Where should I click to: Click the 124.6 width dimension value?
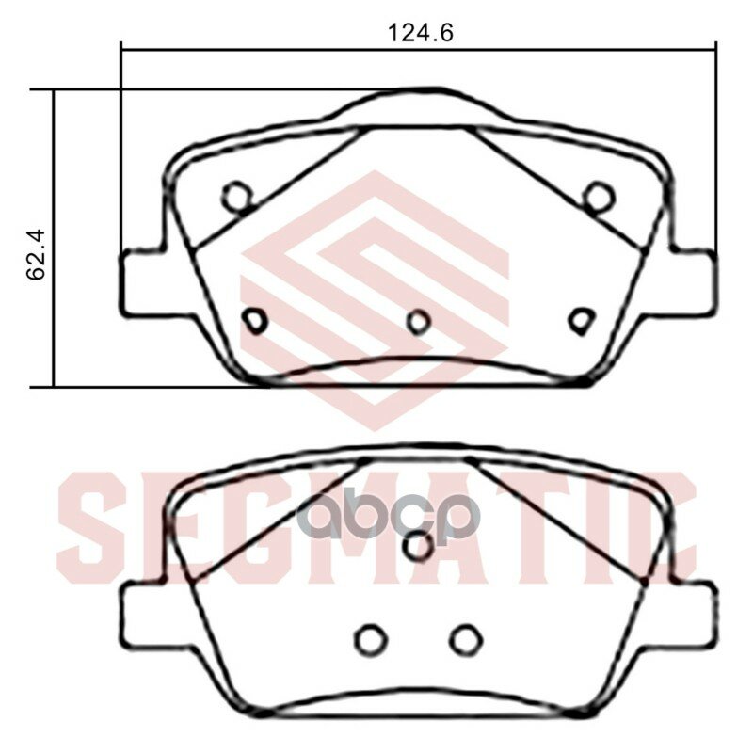(420, 33)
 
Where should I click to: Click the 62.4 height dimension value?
(36, 255)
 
